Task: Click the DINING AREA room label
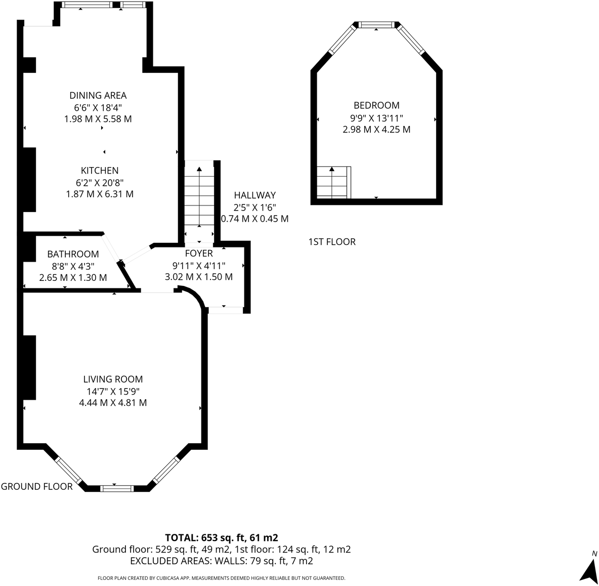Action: click(x=98, y=95)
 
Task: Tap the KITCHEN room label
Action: click(x=100, y=171)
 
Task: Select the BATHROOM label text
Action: click(x=73, y=254)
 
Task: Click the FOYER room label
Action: click(x=199, y=253)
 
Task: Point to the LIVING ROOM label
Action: click(x=113, y=380)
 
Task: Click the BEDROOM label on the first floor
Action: click(x=376, y=105)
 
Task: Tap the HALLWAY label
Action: click(x=255, y=195)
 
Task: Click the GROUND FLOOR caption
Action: click(x=36, y=486)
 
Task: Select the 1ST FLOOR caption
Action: click(x=332, y=242)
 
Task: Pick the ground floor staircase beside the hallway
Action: click(x=199, y=202)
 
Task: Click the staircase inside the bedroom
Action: click(x=334, y=183)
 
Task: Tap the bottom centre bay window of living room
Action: click(x=117, y=488)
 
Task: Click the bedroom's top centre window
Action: click(x=377, y=25)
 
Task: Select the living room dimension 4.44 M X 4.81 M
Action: click(x=113, y=403)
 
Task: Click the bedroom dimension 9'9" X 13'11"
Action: click(x=377, y=118)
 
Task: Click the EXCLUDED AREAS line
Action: click(x=222, y=561)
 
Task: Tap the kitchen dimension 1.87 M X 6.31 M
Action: click(x=100, y=194)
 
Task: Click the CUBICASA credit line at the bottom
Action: click(x=222, y=578)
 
